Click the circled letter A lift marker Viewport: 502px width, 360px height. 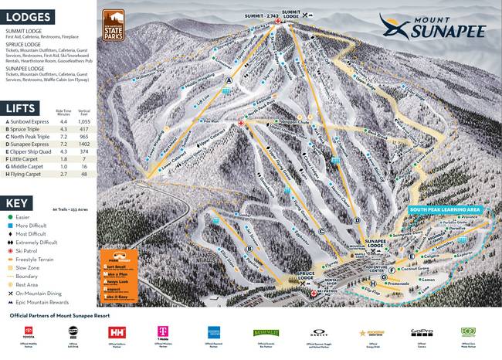229,80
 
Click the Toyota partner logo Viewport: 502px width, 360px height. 29,333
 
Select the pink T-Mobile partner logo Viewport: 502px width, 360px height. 163,333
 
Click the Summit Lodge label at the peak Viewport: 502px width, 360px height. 290,13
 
